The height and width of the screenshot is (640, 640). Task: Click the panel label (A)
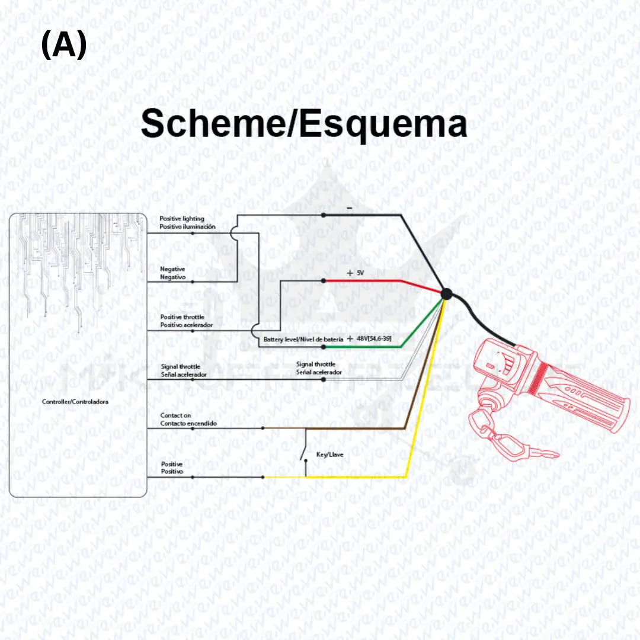click(x=64, y=46)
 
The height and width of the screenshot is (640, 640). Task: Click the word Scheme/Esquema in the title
click(x=303, y=125)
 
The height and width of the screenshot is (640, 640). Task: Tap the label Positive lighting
click(x=181, y=219)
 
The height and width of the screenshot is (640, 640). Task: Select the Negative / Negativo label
click(x=173, y=273)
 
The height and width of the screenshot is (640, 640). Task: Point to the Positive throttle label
click(x=183, y=318)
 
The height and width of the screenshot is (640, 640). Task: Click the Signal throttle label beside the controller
click(x=181, y=367)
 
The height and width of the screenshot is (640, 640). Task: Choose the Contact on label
click(x=175, y=416)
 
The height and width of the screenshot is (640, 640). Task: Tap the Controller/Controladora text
click(x=75, y=402)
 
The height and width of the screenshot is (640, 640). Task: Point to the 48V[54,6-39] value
click(x=374, y=338)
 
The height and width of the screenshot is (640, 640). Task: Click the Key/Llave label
click(x=330, y=455)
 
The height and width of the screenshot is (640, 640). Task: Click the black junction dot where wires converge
click(x=446, y=293)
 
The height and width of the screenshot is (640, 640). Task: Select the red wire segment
click(x=367, y=281)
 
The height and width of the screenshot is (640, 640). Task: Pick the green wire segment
click(x=367, y=347)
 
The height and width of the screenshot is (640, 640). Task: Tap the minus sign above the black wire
click(x=350, y=208)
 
